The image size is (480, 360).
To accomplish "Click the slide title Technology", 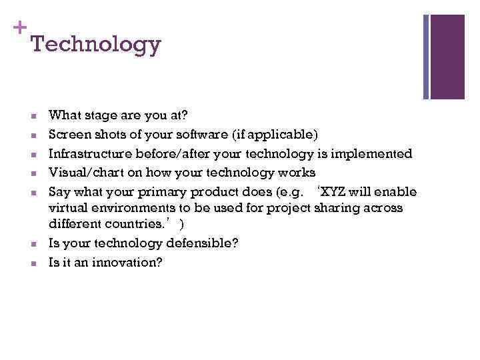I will coord(95,45).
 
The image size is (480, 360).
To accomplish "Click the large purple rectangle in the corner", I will coord(447,57).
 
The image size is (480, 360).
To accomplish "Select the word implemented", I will coord(376,154).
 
